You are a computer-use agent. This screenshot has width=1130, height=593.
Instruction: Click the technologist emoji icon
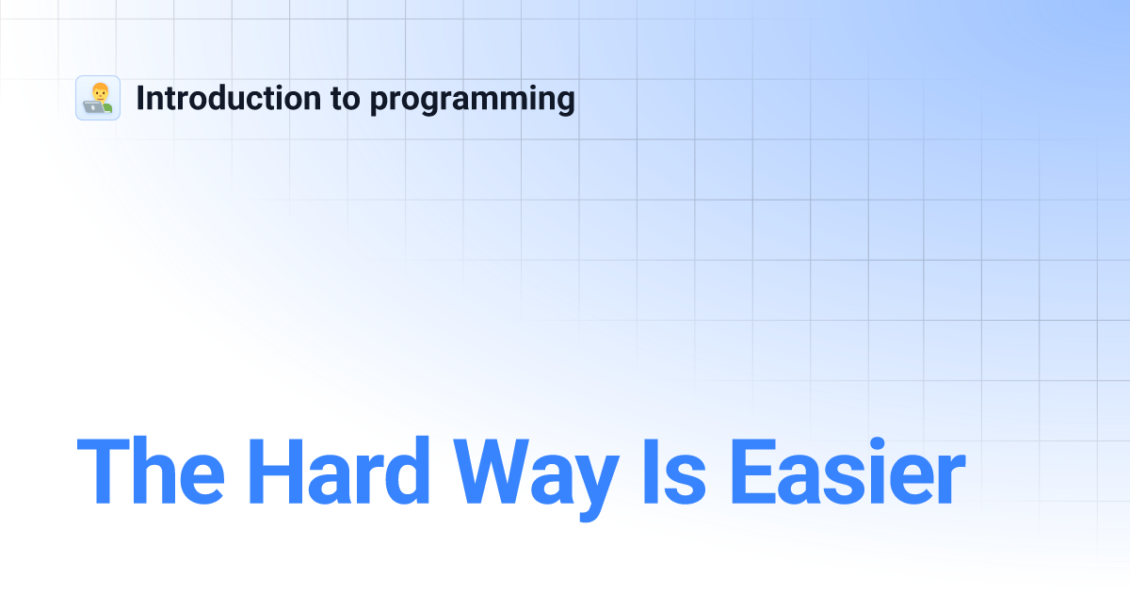tap(98, 98)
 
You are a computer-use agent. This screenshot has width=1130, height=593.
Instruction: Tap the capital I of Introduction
tap(141, 98)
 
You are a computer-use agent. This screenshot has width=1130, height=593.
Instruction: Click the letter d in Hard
tap(407, 472)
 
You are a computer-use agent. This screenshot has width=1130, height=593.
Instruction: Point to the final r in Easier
tap(950, 480)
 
